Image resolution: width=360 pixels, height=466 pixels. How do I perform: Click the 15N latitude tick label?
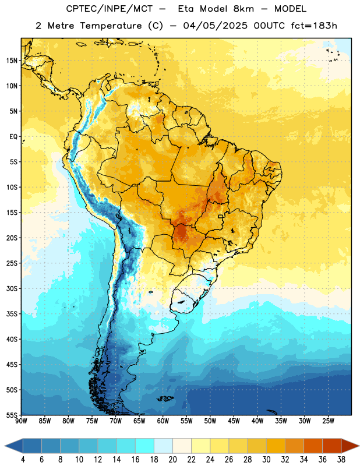click(x=12, y=61)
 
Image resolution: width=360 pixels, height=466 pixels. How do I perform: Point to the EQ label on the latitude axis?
click(x=13, y=137)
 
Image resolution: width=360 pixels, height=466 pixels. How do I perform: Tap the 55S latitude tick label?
click(x=12, y=415)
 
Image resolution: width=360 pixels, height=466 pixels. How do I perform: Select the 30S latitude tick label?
click(x=12, y=288)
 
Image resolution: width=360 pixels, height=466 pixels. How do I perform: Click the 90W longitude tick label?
click(x=21, y=421)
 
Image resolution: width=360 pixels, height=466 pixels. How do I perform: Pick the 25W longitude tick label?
click(x=328, y=421)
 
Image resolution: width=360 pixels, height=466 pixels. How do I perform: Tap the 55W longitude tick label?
click(x=186, y=421)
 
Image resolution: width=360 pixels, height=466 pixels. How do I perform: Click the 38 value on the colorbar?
click(x=341, y=460)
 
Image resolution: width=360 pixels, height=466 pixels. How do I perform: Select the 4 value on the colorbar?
click(x=23, y=460)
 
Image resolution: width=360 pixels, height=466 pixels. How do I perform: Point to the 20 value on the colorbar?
click(x=172, y=460)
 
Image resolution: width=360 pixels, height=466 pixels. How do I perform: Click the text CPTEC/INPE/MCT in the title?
click(x=110, y=9)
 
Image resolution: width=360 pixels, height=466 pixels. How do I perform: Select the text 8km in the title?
click(x=243, y=9)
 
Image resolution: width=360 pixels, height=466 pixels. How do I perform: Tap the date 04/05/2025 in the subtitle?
click(x=215, y=26)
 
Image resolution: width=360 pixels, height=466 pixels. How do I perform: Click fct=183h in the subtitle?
click(x=314, y=26)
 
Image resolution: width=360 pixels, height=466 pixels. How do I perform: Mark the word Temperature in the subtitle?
click(x=111, y=26)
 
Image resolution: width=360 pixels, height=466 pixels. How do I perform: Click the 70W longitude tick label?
click(x=116, y=421)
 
